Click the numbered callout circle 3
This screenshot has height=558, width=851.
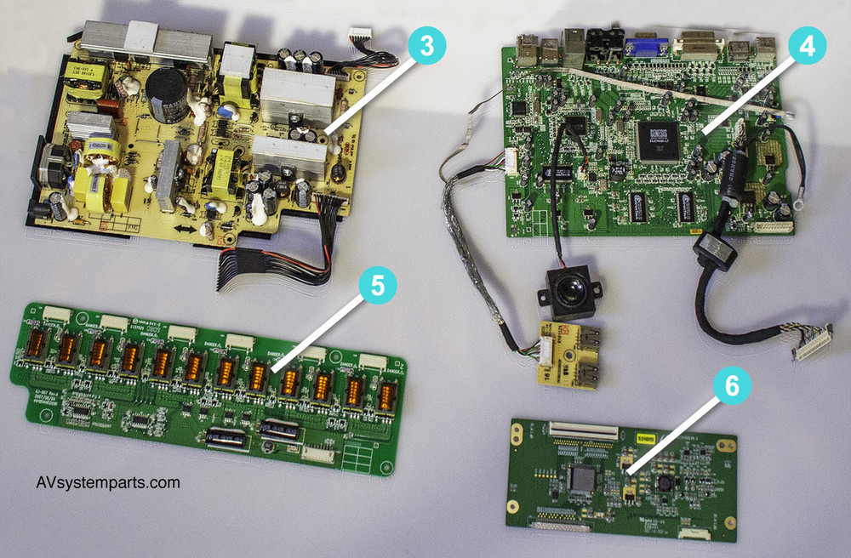pos(425,47)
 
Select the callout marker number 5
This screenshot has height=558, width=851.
pos(377,286)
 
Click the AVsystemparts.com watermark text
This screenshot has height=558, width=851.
pos(108,482)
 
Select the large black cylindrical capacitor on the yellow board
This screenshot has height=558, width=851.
pos(167,89)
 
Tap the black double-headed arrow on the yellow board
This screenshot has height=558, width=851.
pos(182,230)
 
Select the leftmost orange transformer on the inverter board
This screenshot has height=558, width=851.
pos(37,345)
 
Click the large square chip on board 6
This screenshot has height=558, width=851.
pos(584,477)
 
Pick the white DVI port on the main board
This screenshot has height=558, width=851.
pos(696,48)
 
